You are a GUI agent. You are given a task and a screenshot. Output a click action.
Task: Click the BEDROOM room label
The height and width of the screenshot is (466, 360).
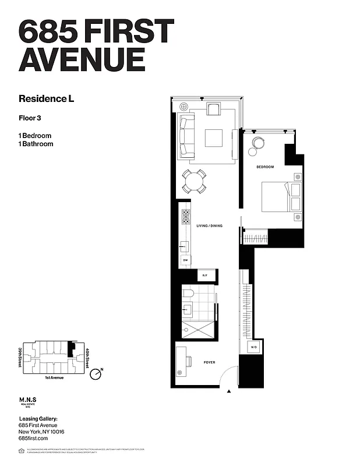coord(265,167)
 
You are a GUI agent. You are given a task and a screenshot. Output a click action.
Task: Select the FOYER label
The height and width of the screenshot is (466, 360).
coord(209,362)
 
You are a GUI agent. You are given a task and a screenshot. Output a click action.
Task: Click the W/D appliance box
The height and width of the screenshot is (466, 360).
coord(254,348)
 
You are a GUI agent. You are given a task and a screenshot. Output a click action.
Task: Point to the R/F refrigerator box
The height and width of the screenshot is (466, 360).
coord(204,276)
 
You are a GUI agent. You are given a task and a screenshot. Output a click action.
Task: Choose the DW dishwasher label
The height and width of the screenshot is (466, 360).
coord(185,260)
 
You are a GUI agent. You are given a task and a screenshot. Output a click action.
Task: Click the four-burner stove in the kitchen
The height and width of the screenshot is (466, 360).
coord(186,217)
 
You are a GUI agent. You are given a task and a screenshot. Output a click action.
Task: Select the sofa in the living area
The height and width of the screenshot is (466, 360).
coord(187,136)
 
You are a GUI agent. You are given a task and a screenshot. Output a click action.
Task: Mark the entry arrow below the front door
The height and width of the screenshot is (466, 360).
coord(230,391)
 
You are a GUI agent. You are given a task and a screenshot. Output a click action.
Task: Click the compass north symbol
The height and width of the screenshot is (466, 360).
coord(96,374)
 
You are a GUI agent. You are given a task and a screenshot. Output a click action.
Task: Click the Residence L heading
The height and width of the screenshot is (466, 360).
coord(47,98)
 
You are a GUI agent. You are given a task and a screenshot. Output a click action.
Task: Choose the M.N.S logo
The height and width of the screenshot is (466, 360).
coord(28,401)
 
